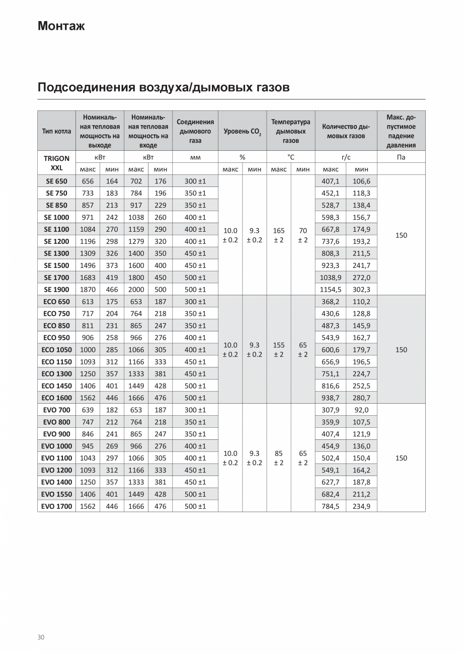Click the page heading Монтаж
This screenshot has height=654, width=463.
click(x=61, y=26)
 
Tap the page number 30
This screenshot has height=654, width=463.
click(x=41, y=637)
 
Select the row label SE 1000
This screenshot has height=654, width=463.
click(x=56, y=217)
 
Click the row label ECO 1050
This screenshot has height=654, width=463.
click(x=56, y=350)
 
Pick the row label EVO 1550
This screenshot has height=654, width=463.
click(x=56, y=494)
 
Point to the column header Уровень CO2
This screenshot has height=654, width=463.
click(x=242, y=131)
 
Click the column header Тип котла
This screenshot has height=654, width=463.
click(x=56, y=131)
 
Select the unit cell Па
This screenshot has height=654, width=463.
click(x=401, y=157)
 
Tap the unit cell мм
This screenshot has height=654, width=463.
click(x=195, y=157)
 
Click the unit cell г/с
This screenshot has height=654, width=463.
click(x=346, y=157)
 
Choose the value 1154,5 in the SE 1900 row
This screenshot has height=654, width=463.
click(x=330, y=290)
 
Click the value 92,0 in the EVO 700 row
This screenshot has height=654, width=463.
click(x=361, y=410)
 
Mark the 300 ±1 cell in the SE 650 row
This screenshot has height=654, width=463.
click(x=195, y=181)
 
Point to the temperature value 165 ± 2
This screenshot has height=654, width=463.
click(x=279, y=235)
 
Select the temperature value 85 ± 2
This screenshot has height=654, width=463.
click(x=279, y=457)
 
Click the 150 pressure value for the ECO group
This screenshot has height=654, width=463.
click(x=401, y=350)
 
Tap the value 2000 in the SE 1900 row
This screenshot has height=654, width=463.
click(x=136, y=290)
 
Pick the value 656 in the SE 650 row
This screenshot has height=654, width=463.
click(x=88, y=181)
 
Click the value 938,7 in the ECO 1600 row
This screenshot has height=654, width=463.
click(x=330, y=398)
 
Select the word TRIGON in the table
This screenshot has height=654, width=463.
click(x=56, y=158)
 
